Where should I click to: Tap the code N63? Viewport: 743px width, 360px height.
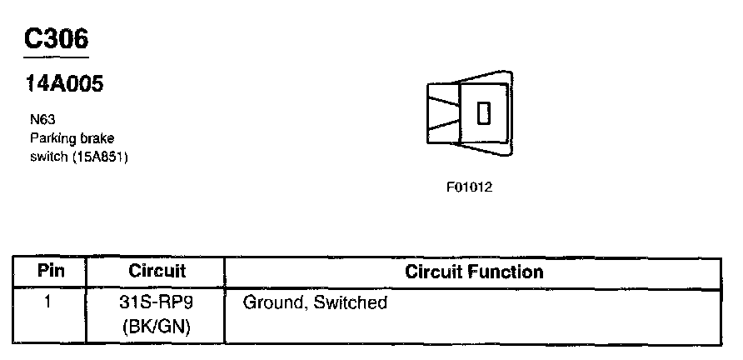click(x=41, y=120)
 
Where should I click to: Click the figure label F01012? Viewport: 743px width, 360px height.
click(x=469, y=187)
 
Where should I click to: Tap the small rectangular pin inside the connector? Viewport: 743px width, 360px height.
click(x=484, y=112)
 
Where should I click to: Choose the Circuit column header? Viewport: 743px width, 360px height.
click(x=157, y=272)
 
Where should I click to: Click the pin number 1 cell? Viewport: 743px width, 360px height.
click(x=48, y=302)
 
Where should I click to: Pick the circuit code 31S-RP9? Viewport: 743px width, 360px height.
click(x=157, y=302)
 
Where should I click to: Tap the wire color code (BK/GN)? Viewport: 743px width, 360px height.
click(x=157, y=326)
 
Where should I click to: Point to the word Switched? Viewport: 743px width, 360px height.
click(x=350, y=302)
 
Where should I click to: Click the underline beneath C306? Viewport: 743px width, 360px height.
click(x=56, y=57)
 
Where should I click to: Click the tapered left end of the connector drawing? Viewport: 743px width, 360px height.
click(x=441, y=112)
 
